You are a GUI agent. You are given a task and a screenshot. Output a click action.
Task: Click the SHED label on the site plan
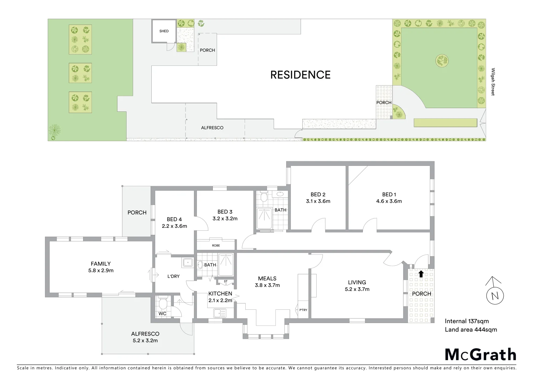tap(164, 31)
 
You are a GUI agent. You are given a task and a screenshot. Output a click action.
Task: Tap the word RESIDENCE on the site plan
tap(300, 75)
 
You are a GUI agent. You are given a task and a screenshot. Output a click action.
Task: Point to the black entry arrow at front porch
tap(421, 274)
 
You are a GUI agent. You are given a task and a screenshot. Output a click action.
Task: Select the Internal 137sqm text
tap(467, 321)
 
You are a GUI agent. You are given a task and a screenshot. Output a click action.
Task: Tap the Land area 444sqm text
tap(470, 329)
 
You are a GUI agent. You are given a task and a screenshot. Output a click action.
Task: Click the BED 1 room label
tap(389, 195)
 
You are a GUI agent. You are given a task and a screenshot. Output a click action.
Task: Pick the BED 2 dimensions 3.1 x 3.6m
tap(318, 201)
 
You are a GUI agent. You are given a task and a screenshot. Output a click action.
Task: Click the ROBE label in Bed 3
tap(216, 245)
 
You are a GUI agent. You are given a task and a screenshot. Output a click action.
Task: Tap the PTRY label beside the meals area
tap(303, 310)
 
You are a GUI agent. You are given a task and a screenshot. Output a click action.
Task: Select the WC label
tap(163, 314)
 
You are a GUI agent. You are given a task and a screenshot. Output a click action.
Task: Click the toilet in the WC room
tap(163, 303)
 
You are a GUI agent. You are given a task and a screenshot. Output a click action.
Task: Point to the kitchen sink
tap(219, 313)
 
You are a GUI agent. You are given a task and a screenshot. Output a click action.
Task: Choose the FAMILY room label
tap(101, 264)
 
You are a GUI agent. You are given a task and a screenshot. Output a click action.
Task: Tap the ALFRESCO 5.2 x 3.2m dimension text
tap(145, 341)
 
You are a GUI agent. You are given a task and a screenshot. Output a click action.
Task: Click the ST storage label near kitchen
tap(225, 281)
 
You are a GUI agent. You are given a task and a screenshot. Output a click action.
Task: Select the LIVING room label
tap(357, 282)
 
